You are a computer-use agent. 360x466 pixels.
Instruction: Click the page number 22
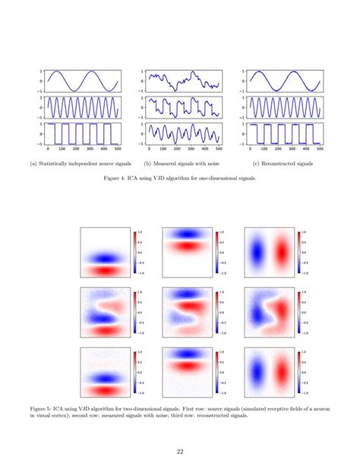coord(180,449)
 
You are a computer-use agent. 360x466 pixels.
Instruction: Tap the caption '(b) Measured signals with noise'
coord(181,163)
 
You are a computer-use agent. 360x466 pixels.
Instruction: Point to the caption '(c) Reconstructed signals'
coord(283,163)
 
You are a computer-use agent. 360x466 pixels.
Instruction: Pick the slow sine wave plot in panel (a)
coord(82,79)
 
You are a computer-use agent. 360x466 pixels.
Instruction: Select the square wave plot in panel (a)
coord(82,132)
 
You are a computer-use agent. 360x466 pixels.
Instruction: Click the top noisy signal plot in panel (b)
coord(183,79)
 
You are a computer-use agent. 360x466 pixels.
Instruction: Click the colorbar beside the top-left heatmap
coord(134,251)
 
